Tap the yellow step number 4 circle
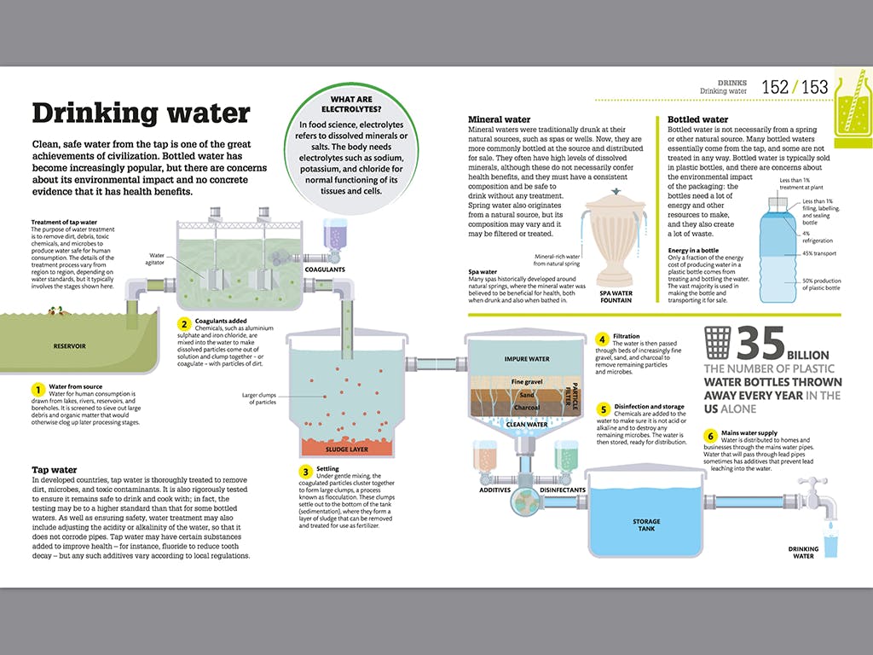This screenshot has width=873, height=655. pyautogui.click(x=602, y=339)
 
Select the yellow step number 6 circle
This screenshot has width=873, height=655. pyautogui.click(x=709, y=436)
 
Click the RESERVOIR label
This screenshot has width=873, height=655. pyautogui.click(x=70, y=346)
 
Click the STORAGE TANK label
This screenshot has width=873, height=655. pyautogui.click(x=646, y=525)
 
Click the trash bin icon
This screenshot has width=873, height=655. pyautogui.click(x=718, y=343)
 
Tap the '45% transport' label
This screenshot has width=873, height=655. pyautogui.click(x=818, y=253)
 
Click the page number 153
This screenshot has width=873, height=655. pyautogui.click(x=814, y=87)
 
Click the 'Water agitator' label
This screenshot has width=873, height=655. pyautogui.click(x=156, y=258)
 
